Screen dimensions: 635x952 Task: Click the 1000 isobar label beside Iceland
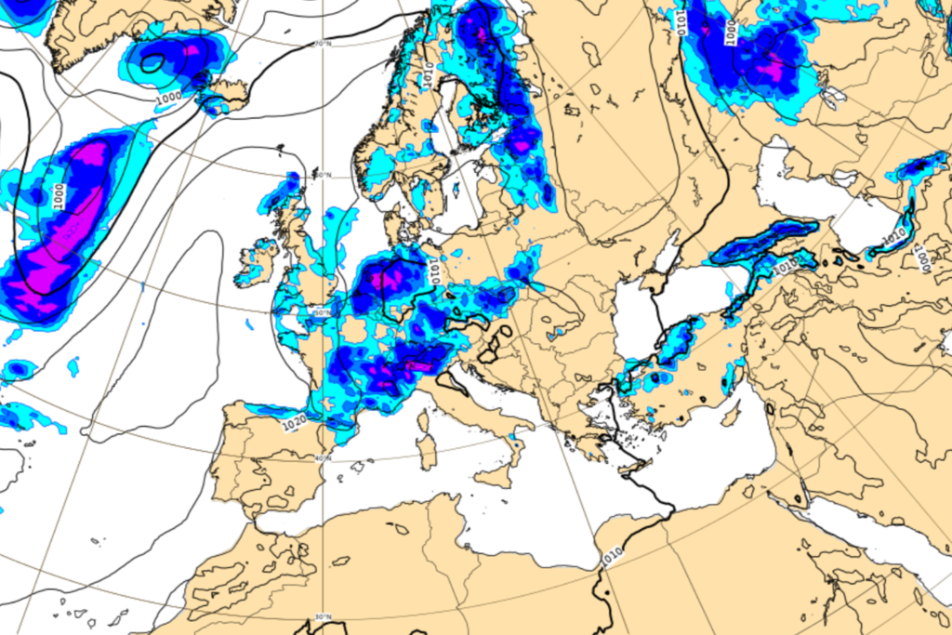(169, 97)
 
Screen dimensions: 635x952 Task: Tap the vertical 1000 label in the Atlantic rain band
(58, 195)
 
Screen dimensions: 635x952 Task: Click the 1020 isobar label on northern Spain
(293, 423)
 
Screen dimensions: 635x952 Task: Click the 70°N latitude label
(324, 44)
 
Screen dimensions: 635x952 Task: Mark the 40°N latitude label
(323, 457)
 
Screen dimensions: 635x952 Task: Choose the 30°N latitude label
(324, 617)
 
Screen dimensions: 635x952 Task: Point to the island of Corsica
(426, 422)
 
